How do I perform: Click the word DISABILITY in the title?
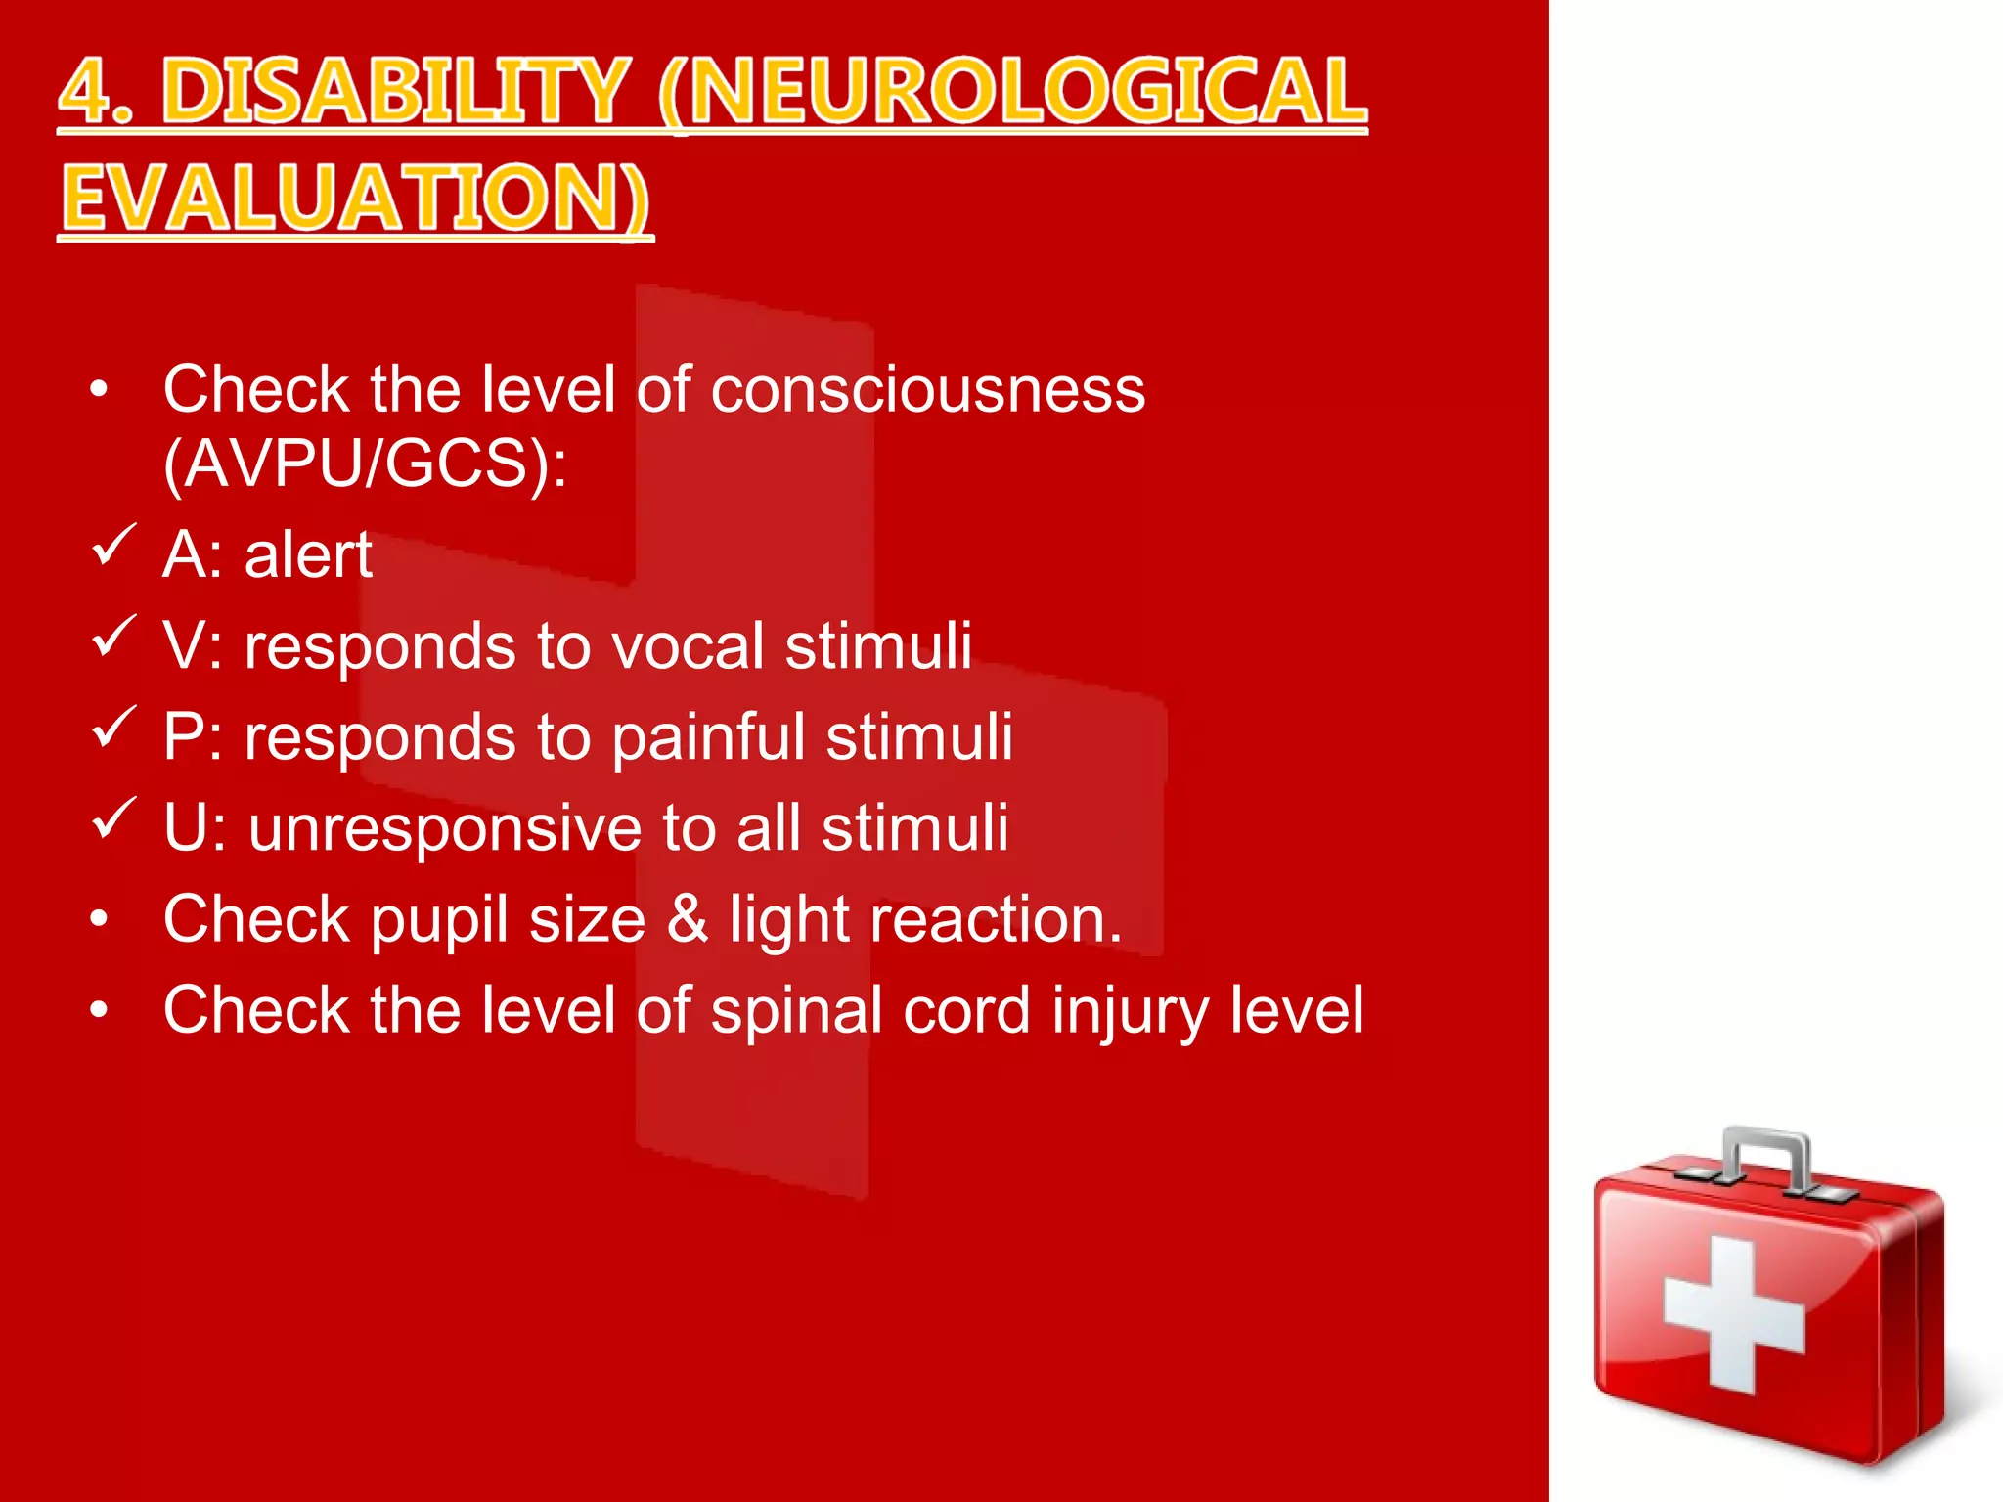click(394, 92)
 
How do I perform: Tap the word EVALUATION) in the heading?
click(355, 199)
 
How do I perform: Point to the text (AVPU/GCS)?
click(365, 464)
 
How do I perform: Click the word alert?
click(308, 555)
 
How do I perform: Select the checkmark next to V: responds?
click(113, 637)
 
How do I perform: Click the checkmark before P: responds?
click(113, 728)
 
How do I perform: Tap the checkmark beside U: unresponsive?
click(113, 818)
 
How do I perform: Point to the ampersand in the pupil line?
click(688, 919)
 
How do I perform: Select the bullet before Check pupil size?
click(99, 919)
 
